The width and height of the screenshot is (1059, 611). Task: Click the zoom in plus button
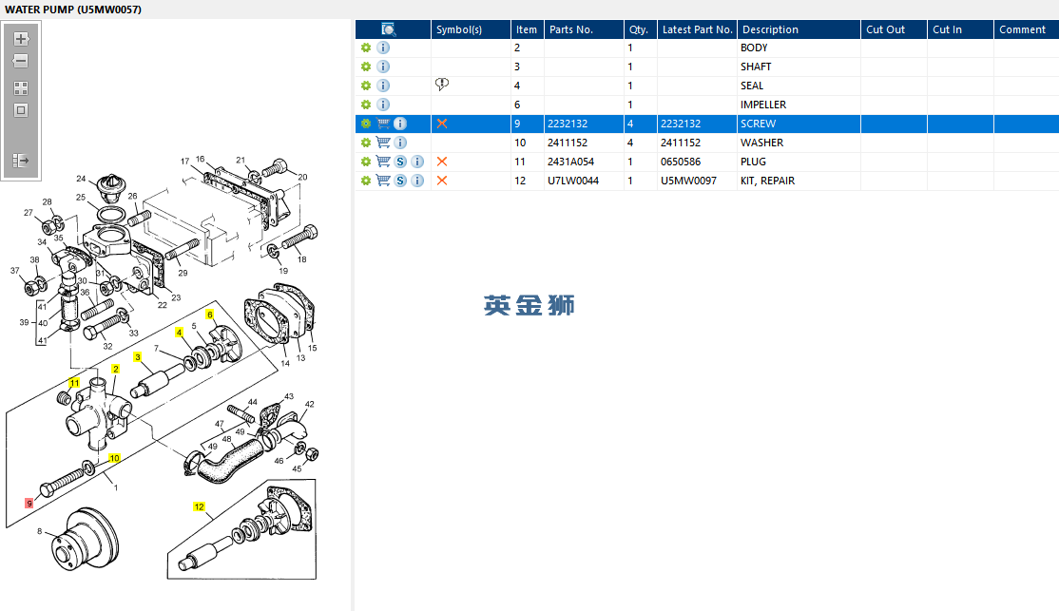(21, 38)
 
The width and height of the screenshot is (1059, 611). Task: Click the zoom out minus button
(21, 62)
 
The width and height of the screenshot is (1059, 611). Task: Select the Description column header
(770, 29)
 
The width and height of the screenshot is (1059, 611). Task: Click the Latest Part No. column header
(697, 29)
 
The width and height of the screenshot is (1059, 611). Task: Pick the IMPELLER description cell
(763, 105)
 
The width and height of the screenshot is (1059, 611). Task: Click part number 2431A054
(570, 162)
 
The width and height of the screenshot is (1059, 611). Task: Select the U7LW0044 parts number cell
(572, 181)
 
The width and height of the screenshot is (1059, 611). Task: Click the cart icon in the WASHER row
(383, 143)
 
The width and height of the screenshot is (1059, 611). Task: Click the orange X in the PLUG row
(442, 162)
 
